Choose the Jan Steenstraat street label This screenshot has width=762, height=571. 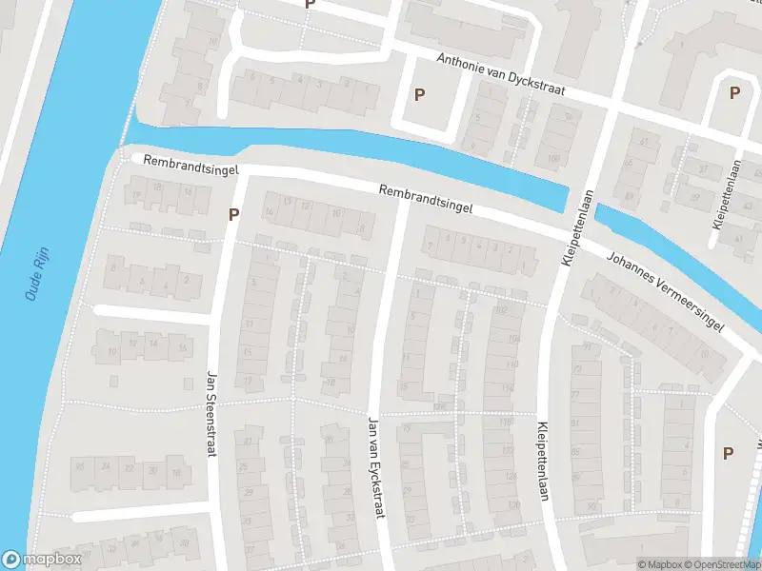[x=212, y=414]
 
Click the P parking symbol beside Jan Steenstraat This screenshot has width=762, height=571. [x=232, y=214]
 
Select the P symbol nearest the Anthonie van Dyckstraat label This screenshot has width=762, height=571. [x=419, y=93]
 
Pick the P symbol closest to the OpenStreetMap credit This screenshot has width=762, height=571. [x=729, y=453]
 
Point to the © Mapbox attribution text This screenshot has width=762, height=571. [x=660, y=564]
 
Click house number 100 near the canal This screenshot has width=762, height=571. [x=552, y=157]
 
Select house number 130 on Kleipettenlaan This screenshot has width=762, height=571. [x=515, y=505]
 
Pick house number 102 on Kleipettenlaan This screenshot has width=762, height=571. [x=501, y=310]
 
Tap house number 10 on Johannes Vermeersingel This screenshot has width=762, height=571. [x=704, y=353]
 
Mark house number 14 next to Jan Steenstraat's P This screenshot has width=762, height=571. [x=270, y=211]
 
